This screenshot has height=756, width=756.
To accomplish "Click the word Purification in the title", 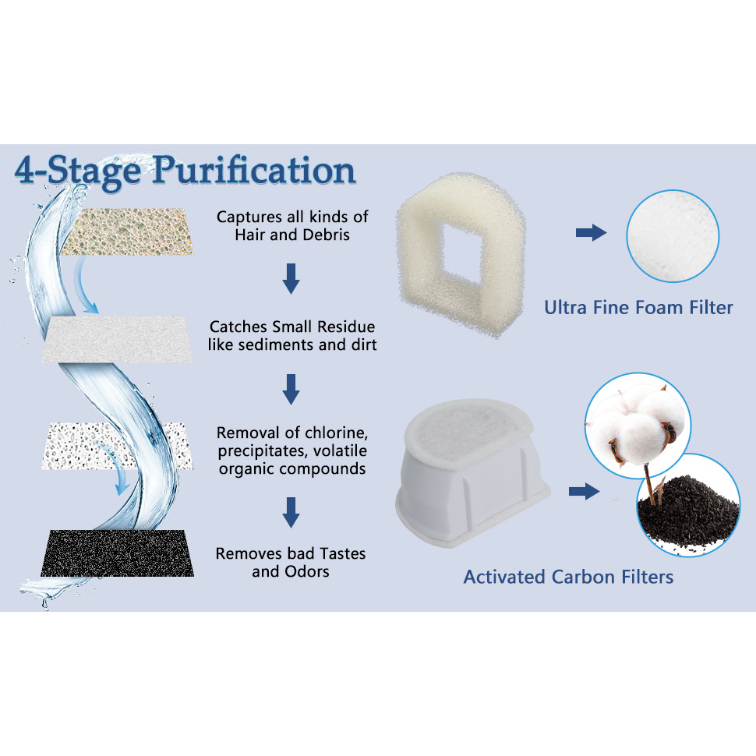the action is click(x=255, y=171).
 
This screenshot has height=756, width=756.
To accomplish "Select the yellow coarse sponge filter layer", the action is click(x=127, y=231).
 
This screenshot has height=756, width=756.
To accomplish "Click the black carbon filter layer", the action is click(x=118, y=553).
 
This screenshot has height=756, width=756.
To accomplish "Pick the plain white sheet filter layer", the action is click(x=117, y=339).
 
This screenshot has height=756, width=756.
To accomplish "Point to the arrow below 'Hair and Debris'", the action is click(x=291, y=279).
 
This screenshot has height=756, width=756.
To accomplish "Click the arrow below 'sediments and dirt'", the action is click(x=291, y=389).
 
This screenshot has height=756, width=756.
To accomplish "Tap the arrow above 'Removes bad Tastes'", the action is click(x=291, y=513).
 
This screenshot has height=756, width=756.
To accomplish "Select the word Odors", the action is click(x=307, y=571).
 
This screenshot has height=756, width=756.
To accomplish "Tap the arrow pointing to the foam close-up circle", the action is click(x=591, y=232).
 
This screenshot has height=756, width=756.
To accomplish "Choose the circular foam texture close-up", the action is click(x=673, y=236).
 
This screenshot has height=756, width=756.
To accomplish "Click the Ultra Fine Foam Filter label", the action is click(x=638, y=308).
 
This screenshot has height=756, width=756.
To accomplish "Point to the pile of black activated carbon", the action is click(x=688, y=512).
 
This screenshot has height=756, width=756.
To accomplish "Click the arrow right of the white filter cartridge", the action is click(x=584, y=492).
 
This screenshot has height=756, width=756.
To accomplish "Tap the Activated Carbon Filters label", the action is click(x=568, y=577).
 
